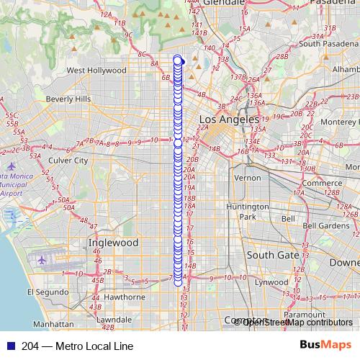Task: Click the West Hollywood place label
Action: coord(96,71)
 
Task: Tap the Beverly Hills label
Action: coord(68,99)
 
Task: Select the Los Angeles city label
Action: coord(229,119)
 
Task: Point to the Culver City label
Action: coord(68,161)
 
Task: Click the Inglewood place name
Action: coord(113,243)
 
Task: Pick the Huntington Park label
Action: coord(247,211)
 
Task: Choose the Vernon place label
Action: coord(248,177)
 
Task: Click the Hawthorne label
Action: coord(125,296)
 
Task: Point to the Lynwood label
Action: coord(271,282)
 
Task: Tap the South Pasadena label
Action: coord(329,43)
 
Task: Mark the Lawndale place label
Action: coord(114,319)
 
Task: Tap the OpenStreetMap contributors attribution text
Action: coord(295,322)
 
